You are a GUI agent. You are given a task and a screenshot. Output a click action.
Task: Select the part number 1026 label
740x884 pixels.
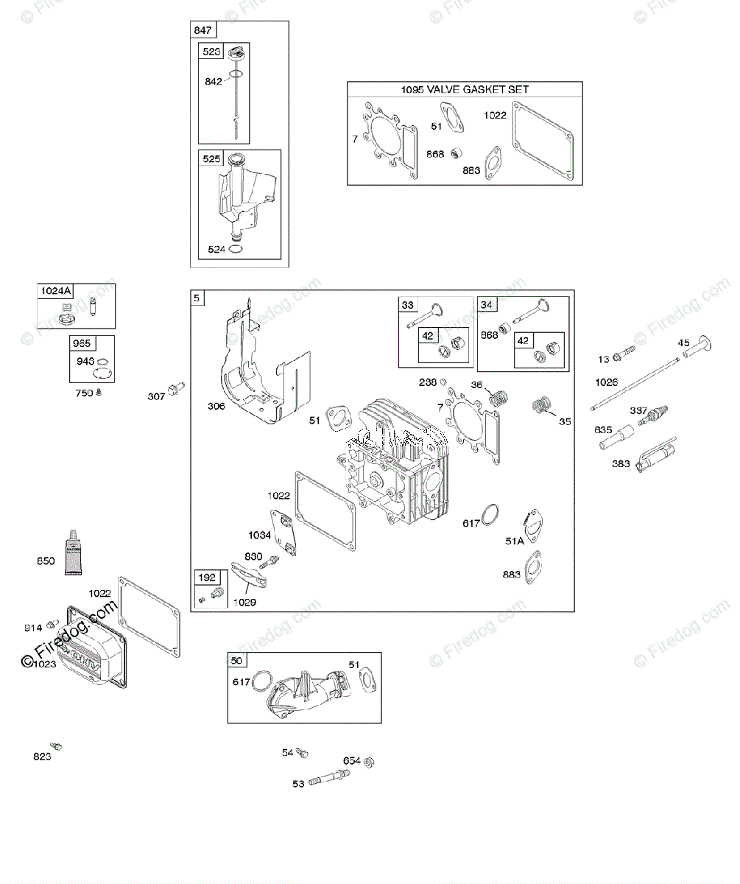pyautogui.click(x=607, y=382)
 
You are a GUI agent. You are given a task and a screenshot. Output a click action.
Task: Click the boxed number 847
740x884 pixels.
pyautogui.click(x=202, y=30)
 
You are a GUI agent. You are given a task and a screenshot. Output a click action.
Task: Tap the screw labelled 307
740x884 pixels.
pyautogui.click(x=176, y=388)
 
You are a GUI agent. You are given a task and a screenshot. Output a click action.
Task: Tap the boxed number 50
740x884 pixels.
pyautogui.click(x=236, y=659)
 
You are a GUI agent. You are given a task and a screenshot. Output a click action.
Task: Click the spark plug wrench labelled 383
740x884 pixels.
pyautogui.click(x=655, y=458)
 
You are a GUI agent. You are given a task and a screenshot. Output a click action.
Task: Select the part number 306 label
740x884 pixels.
pyautogui.click(x=216, y=406)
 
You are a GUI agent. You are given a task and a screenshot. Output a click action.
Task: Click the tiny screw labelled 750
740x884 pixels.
pyautogui.click(x=99, y=393)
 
